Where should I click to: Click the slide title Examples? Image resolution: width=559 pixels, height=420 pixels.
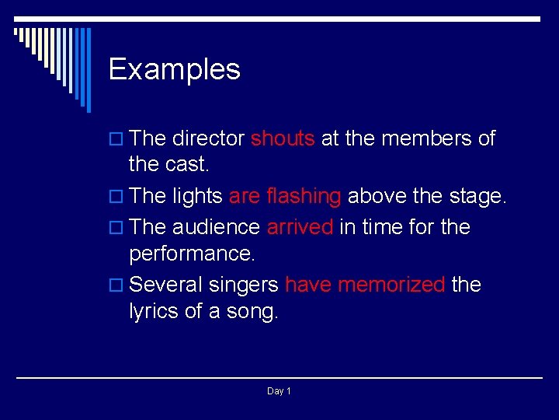click(x=175, y=70)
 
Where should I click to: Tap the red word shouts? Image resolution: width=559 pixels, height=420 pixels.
click(x=282, y=139)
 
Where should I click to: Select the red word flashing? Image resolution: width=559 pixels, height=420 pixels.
click(x=303, y=197)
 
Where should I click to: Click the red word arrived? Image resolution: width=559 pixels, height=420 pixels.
click(x=300, y=227)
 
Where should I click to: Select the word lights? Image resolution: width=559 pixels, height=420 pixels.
click(x=198, y=198)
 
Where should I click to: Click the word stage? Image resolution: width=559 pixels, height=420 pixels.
click(x=477, y=198)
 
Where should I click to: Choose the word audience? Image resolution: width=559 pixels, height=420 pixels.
click(x=216, y=227)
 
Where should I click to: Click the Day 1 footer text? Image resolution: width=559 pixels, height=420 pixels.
click(x=279, y=391)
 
